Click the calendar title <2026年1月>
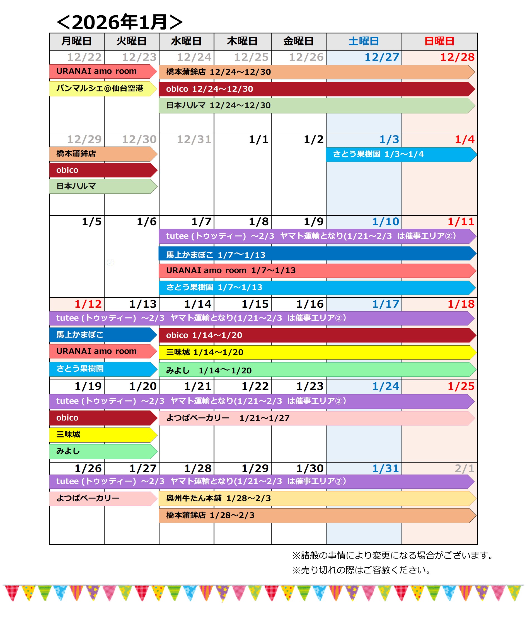pyautogui.click(x=120, y=22)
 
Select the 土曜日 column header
pyautogui.click(x=364, y=41)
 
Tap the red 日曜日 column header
pyautogui.click(x=439, y=41)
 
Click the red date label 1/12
pyautogui.click(x=88, y=304)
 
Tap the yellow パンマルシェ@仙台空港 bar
pyautogui.click(x=102, y=89)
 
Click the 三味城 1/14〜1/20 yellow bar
pyautogui.click(x=316, y=353)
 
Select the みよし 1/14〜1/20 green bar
pyautogui.click(x=316, y=370)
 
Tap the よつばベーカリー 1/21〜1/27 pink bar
pyautogui.click(x=316, y=418)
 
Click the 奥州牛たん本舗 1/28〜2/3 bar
pyautogui.click(x=316, y=498)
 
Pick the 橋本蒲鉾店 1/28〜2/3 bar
pyautogui.click(x=316, y=516)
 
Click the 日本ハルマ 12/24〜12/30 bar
pyautogui.click(x=316, y=106)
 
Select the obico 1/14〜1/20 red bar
pyautogui.click(x=316, y=335)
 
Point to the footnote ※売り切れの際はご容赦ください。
pyautogui.click(x=361, y=570)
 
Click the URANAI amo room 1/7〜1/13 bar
pyautogui.click(x=316, y=271)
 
